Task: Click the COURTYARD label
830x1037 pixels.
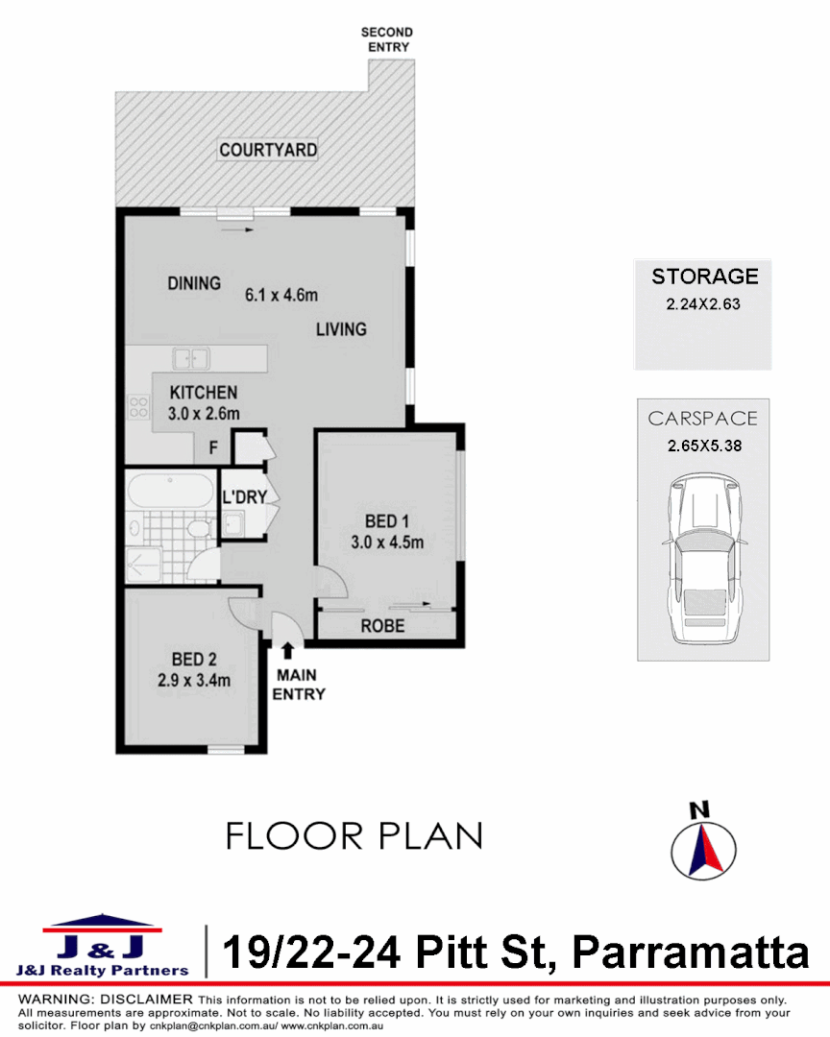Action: click(268, 150)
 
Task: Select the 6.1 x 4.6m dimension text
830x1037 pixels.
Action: click(281, 295)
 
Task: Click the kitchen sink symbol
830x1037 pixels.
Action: click(191, 358)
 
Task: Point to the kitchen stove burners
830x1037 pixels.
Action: click(137, 407)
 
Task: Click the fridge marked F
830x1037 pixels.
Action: click(214, 447)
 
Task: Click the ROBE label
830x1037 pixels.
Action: click(382, 626)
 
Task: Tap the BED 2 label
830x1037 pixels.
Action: click(193, 660)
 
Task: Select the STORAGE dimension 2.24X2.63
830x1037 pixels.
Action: click(703, 303)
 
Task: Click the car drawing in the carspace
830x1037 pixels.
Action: click(704, 559)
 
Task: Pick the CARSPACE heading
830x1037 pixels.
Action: click(702, 419)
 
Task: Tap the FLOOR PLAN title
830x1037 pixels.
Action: click(354, 835)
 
